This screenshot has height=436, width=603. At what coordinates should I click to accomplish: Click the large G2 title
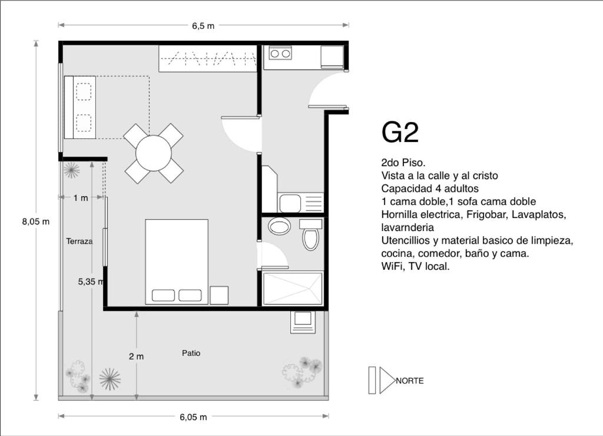[400, 133]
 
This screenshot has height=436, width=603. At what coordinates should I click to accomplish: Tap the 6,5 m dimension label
[203, 26]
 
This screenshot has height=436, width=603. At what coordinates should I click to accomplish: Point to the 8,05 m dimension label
[36, 222]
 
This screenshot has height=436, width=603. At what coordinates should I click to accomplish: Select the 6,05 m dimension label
[193, 417]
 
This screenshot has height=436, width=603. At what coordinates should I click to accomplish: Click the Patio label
[191, 353]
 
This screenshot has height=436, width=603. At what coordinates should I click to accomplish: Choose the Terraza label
[79, 242]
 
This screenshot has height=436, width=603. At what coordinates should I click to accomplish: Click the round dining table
[154, 153]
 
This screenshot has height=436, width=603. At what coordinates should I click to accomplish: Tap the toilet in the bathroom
[311, 235]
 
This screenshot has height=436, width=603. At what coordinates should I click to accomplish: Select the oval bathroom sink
[279, 226]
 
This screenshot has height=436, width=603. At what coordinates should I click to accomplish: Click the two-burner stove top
[280, 53]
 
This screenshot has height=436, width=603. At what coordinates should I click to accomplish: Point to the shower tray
[292, 289]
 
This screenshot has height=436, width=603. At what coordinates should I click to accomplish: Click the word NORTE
[410, 381]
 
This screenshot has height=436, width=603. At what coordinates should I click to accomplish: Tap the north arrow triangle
[387, 380]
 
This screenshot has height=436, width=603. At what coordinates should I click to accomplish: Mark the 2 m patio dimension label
[136, 356]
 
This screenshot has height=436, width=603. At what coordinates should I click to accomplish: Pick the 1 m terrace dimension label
[81, 198]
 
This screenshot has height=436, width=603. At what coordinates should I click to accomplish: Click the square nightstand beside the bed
[219, 295]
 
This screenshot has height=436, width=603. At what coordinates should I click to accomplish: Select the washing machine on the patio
[303, 321]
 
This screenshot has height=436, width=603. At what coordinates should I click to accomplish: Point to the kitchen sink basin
[290, 203]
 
